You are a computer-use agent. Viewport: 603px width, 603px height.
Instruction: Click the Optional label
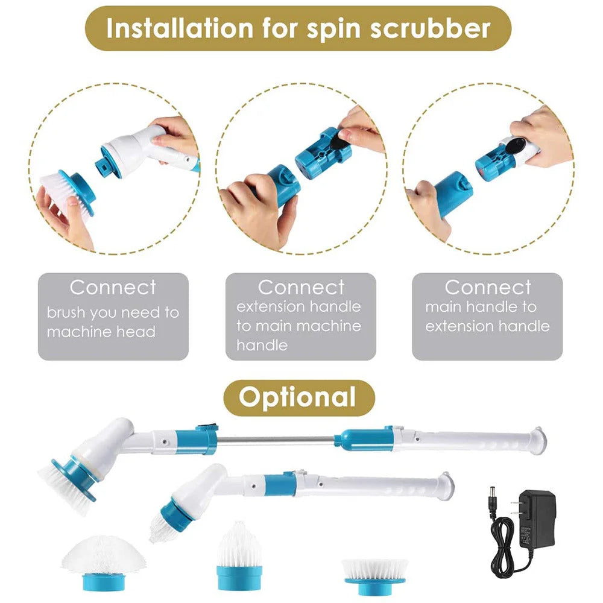pyautogui.click(x=298, y=397)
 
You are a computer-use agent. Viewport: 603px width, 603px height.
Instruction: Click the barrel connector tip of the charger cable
pyautogui.click(x=492, y=489)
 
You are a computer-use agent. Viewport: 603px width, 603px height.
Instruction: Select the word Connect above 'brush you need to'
pyautogui.click(x=113, y=288)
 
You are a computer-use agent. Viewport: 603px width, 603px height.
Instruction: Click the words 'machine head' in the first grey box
pyautogui.click(x=101, y=332)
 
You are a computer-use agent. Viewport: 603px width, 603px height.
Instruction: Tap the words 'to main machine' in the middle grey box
pyautogui.click(x=298, y=326)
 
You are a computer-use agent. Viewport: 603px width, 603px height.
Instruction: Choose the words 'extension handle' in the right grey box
pyautogui.click(x=487, y=326)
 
